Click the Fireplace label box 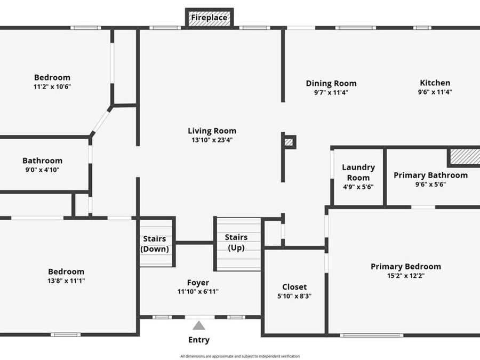click(210, 18)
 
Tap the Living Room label click(212, 131)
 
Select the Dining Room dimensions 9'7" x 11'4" click(331, 92)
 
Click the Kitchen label click(435, 83)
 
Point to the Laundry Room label click(358, 172)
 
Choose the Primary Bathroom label click(430, 175)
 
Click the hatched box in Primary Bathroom click(464, 157)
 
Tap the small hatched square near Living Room click(289, 142)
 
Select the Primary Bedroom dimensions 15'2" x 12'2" click(406, 276)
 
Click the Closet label click(294, 287)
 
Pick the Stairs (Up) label click(236, 242)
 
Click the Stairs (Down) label click(154, 244)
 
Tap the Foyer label click(198, 283)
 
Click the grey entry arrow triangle click(199, 325)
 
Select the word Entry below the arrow click(199, 340)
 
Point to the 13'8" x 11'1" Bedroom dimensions click(66, 281)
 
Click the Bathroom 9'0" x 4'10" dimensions click(42, 170)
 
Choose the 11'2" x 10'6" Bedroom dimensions click(52, 86)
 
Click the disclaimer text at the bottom click(239, 356)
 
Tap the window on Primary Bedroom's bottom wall click(372, 335)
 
